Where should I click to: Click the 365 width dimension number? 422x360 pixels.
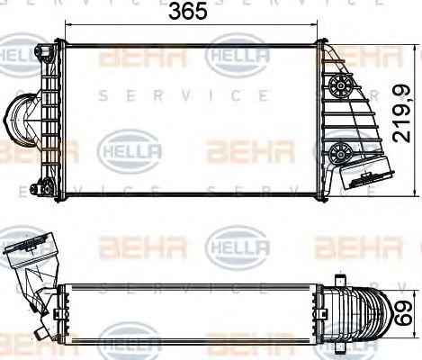point(190,12)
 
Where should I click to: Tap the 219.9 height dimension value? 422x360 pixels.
point(407,114)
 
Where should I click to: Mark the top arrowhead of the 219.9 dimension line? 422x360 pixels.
point(392,42)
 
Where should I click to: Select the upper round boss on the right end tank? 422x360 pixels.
point(339,86)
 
